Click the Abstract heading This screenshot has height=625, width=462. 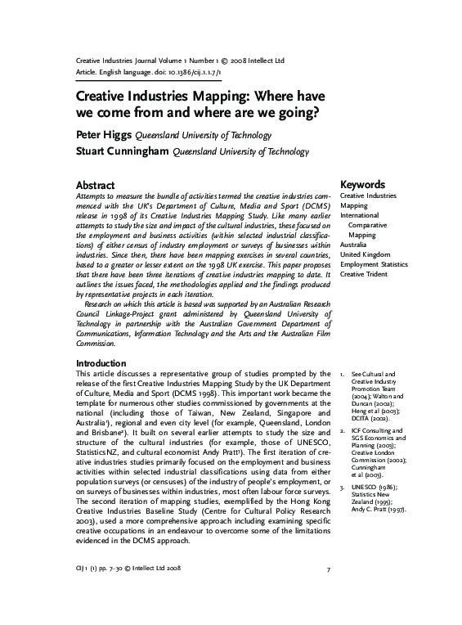coord(96,186)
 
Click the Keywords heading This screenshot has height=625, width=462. coord(362,186)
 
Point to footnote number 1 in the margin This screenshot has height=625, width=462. coord(343,373)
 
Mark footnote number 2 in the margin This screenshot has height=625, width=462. coord(343,430)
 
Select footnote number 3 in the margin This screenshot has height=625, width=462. coord(343,486)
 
